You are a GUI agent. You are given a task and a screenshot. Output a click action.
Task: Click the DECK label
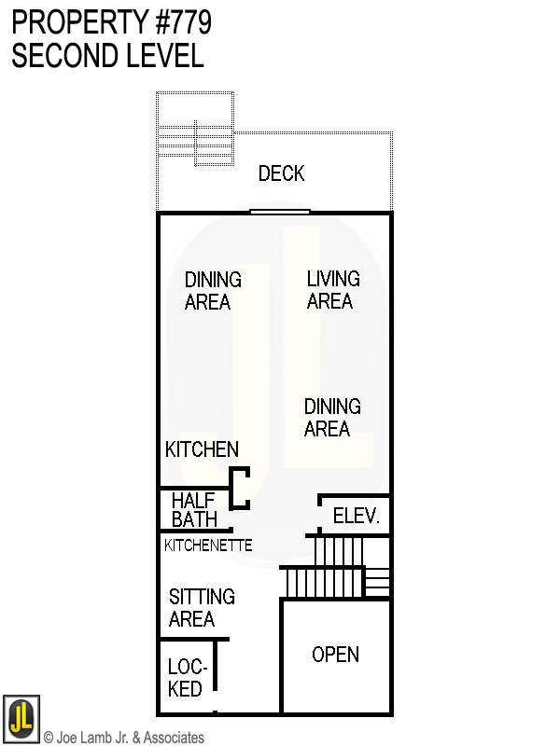pos(281,173)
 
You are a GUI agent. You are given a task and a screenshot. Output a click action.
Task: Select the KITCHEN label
pos(202,449)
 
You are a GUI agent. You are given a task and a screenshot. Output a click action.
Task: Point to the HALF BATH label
pos(194,511)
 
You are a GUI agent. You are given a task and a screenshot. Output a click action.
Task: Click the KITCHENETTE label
pos(208,546)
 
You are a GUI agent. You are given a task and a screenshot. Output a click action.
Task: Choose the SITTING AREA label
pos(201,608)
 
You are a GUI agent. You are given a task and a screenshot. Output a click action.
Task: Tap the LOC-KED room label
pos(187,678)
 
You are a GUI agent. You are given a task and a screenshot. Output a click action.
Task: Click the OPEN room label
pos(335,655)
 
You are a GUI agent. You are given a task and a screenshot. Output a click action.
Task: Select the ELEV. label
pos(357,517)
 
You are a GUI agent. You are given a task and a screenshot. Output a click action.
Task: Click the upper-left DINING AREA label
pos(212,291)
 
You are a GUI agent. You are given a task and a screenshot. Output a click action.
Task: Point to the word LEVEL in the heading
pos(163,56)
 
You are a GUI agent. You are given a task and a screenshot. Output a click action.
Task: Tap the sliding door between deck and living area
pos(280,212)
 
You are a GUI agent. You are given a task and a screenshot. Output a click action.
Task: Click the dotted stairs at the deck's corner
pos(196,131)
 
